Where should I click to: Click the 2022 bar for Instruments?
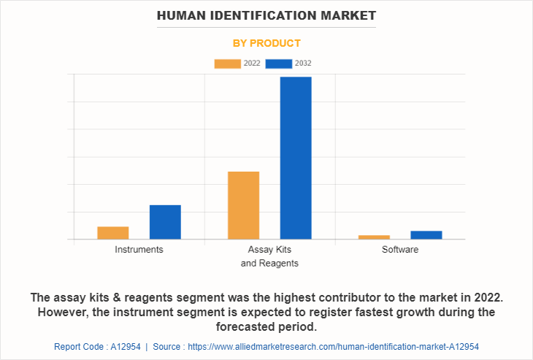pos(113,233)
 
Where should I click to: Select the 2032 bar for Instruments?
pos(165,222)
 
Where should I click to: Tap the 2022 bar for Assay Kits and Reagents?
pos(243,205)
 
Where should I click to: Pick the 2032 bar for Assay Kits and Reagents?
pos(296,158)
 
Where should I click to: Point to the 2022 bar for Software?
pos(374,237)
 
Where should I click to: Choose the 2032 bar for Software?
pos(426,234)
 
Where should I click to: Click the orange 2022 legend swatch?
pos(227,64)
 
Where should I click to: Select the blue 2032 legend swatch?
pos(279,64)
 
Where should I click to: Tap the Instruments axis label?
pos(139,250)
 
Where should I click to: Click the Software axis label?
pos(400,250)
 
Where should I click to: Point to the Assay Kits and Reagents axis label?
pos(269,256)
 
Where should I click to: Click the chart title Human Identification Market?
pos(266,15)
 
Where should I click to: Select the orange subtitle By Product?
pos(266,43)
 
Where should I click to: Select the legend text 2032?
pos(303,64)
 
